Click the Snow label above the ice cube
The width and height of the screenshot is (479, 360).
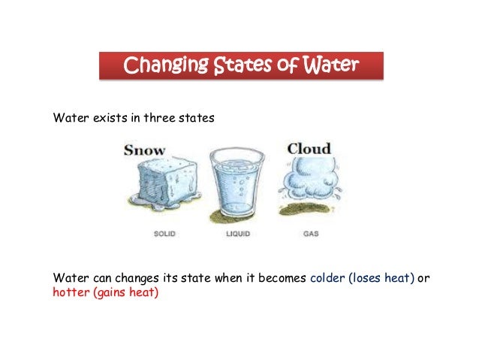click(145, 150)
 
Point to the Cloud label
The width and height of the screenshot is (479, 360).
click(309, 149)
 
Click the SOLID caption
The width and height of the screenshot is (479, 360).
click(164, 234)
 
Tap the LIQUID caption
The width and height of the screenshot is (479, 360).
click(238, 234)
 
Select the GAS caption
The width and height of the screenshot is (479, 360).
click(310, 234)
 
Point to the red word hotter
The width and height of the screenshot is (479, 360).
click(71, 292)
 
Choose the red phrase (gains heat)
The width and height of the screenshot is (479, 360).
click(125, 292)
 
